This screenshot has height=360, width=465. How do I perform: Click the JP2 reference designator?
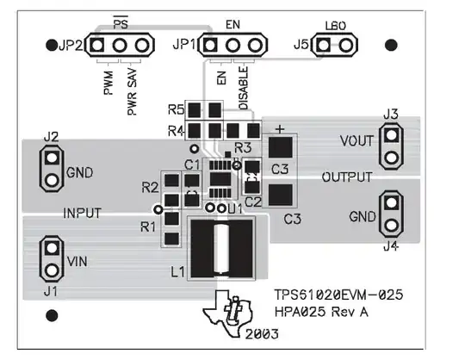[71, 46]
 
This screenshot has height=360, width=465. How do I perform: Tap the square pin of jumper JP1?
[210, 46]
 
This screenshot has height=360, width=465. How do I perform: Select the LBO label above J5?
[336, 26]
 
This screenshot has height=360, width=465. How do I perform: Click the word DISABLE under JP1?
[243, 88]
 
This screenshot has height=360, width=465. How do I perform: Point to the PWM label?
[108, 83]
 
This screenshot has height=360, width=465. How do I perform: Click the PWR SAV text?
[133, 91]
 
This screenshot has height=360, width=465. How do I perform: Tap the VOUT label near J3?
[356, 141]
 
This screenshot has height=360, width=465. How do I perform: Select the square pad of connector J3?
[392, 135]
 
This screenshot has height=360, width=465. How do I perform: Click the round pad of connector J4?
[392, 225]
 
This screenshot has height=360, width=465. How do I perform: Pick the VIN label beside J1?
[77, 262]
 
